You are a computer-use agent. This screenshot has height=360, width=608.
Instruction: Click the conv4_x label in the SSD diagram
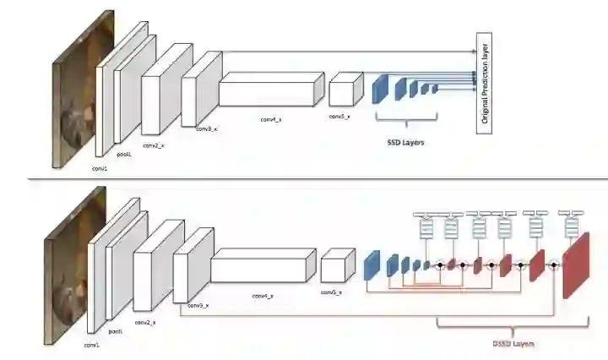271,120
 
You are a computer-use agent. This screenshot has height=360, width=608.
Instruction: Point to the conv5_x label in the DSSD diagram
331,292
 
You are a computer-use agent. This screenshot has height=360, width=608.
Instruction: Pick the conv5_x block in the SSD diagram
344,88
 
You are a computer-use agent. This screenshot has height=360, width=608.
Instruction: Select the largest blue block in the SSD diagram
380,88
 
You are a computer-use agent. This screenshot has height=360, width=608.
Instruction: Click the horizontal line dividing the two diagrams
304,179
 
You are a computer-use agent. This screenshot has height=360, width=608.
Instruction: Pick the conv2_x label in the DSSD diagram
145,324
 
